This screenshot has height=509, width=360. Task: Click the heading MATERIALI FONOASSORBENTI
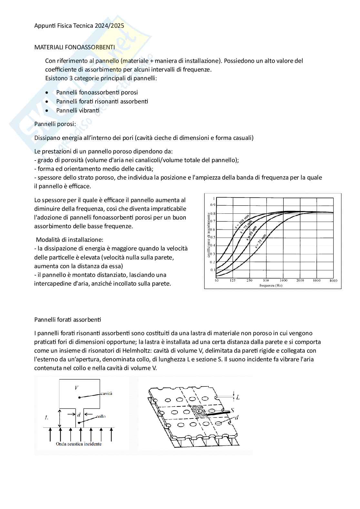coord(75,47)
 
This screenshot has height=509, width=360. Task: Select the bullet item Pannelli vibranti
coord(78,110)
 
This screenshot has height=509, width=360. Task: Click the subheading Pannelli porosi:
coord(55,124)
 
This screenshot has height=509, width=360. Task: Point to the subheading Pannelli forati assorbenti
coord(67,319)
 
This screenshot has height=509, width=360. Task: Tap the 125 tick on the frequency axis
coord(233,281)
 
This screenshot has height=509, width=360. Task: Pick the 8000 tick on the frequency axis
coord(333,281)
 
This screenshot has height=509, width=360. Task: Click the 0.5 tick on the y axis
coord(213,238)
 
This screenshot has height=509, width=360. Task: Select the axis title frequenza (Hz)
coord(271,286)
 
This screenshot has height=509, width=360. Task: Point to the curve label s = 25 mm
coord(261,241)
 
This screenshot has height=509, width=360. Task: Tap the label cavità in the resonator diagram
coord(106,394)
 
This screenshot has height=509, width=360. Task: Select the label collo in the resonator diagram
coord(101,416)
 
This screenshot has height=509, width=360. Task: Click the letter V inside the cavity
coord(76,388)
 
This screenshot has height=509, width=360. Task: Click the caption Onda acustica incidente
coord(79,444)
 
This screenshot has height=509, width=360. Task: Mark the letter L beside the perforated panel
coord(238,397)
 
